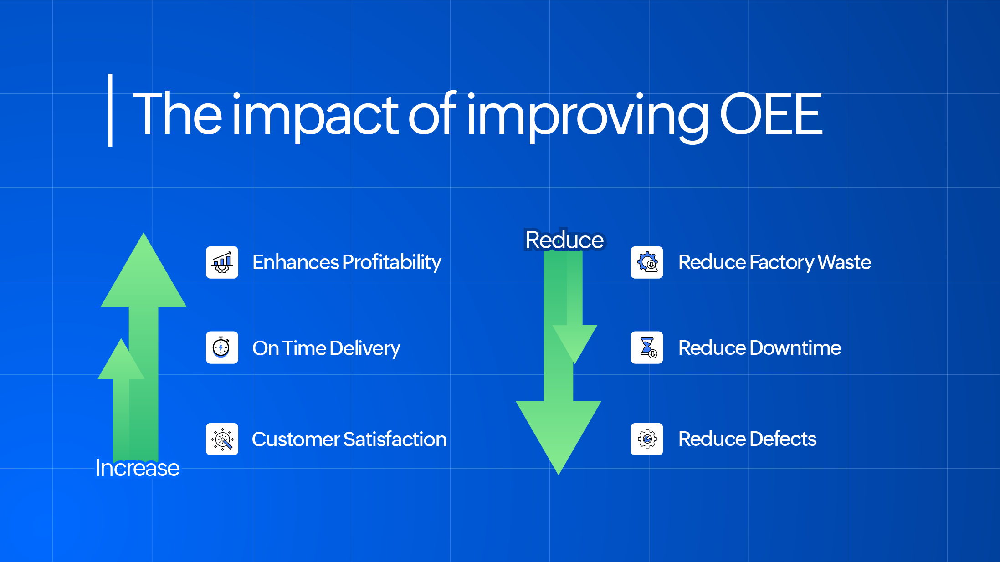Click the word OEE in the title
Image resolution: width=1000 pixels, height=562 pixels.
[771, 114]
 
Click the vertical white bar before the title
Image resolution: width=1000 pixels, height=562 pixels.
[110, 110]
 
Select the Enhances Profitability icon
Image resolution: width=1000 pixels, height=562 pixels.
[222, 262]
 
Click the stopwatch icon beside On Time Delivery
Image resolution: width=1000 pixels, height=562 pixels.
[222, 347]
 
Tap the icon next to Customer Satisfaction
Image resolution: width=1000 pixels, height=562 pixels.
[222, 439]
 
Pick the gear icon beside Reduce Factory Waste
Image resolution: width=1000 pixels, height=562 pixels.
[647, 262]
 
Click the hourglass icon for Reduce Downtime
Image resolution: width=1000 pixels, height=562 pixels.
[647, 347]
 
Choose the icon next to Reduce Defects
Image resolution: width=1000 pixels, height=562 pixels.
[647, 439]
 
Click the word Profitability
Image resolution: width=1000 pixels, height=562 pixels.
[391, 262]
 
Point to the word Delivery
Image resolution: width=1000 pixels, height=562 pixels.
[364, 348]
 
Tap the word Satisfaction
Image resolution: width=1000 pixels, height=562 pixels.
[395, 439]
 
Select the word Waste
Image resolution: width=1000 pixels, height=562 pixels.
[844, 262]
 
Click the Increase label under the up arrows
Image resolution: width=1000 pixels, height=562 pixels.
[138, 468]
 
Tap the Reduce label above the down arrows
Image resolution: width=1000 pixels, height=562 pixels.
[564, 240]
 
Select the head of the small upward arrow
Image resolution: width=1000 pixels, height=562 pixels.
[121, 360]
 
